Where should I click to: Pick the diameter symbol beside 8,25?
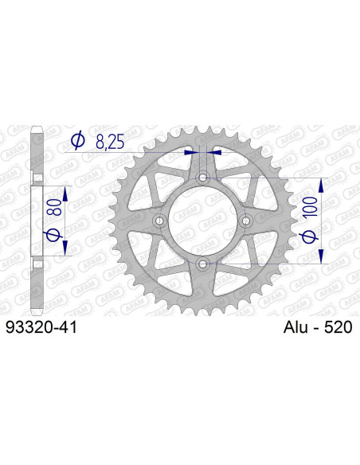click(x=79, y=141)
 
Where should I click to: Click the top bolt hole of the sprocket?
click(x=202, y=178)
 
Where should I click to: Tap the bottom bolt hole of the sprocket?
click(x=202, y=263)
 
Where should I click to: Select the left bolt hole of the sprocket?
click(x=159, y=221)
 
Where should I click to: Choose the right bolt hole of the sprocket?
click(x=245, y=221)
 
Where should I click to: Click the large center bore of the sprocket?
click(x=202, y=221)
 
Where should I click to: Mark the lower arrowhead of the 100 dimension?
click(x=322, y=256)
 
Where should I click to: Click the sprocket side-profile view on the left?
click(x=37, y=221)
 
